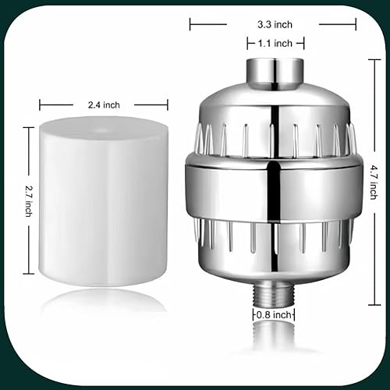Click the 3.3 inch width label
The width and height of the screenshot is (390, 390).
click(x=276, y=24)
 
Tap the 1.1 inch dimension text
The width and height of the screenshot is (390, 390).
click(x=276, y=44)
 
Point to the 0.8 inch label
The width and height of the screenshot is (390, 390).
click(x=276, y=314)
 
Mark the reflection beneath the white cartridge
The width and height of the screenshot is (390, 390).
click(x=101, y=300)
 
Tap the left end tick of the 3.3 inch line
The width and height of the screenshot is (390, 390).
click(x=190, y=24)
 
